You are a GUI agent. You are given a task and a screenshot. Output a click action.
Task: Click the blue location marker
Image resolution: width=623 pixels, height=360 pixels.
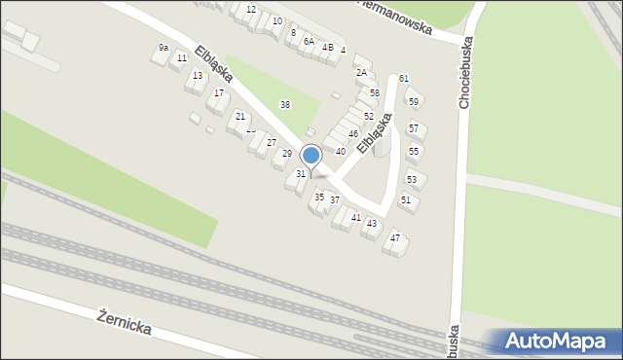click(x=311, y=156)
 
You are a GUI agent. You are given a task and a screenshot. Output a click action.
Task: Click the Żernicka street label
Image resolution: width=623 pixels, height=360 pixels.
click(x=125, y=321)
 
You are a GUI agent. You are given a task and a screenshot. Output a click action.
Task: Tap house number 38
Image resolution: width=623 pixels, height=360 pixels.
click(x=285, y=104)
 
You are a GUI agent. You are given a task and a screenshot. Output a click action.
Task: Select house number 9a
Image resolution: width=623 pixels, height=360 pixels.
click(x=164, y=48)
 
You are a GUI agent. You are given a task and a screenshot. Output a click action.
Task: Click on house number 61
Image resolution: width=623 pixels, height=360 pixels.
click(x=403, y=78)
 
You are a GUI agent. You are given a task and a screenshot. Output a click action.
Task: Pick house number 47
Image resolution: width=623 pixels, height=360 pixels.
click(x=395, y=237)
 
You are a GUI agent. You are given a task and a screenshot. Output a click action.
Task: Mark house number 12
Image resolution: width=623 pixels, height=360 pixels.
click(x=251, y=9)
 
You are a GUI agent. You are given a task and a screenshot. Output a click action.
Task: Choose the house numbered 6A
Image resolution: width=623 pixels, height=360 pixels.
click(x=309, y=41)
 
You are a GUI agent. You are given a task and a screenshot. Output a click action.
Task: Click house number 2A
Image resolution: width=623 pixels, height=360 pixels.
click(x=361, y=72)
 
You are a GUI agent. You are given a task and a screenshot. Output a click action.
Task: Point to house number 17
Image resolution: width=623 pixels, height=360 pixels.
click(x=219, y=92)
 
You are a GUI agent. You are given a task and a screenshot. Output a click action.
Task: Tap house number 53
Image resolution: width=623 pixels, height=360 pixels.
click(x=412, y=179)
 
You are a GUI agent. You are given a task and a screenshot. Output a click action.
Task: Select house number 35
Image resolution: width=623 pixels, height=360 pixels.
click(x=319, y=197)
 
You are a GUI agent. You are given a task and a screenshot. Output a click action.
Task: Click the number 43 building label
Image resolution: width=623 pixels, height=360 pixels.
click(x=372, y=223)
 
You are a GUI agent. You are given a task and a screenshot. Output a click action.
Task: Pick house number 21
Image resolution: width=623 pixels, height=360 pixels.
click(x=240, y=116)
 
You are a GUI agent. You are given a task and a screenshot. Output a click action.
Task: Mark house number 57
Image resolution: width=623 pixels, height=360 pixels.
click(x=414, y=128)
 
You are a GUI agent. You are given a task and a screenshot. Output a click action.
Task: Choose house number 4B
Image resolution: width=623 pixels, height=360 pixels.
click(x=328, y=47)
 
